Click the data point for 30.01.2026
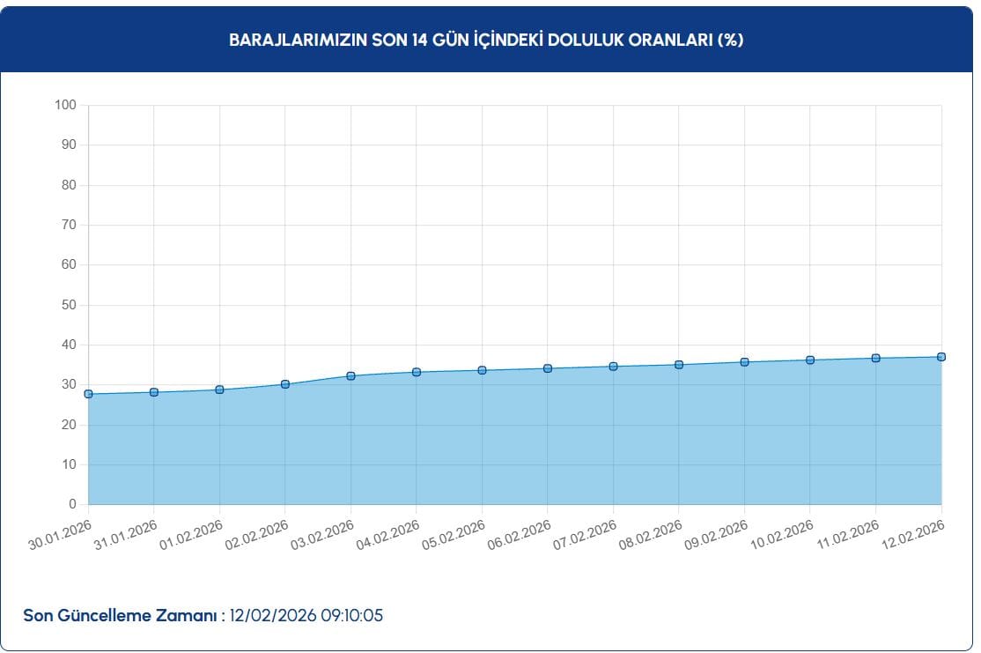(88, 394)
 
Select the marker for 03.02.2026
(350, 376)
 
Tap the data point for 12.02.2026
(941, 357)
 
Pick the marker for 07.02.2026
(613, 367)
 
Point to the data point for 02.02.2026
(285, 384)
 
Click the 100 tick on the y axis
(66, 105)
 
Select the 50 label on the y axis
(70, 305)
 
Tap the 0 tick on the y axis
(73, 504)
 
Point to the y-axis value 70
(70, 225)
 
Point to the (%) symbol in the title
(731, 41)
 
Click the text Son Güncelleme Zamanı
(120, 615)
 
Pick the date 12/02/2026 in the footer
(269, 615)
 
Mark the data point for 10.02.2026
(810, 360)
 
